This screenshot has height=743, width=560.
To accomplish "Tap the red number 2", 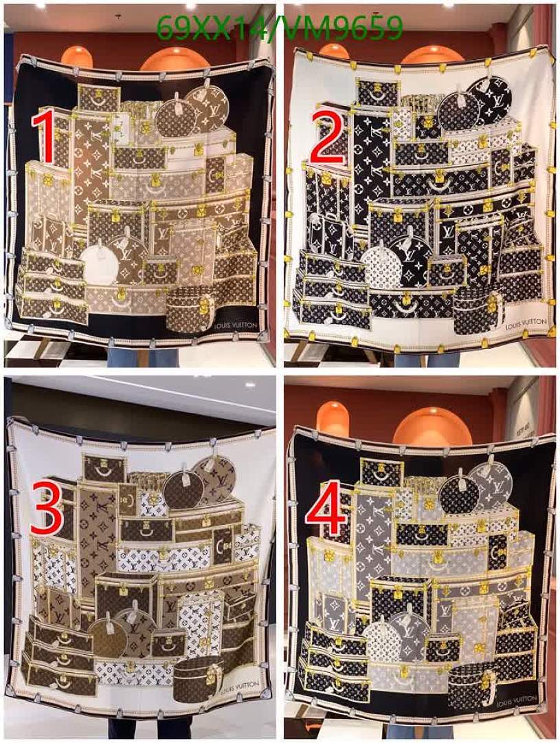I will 328,138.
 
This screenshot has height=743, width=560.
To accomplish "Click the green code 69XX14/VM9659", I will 279,28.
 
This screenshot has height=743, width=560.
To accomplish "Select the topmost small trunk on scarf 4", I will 381,472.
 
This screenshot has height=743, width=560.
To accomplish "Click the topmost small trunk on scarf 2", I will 377,92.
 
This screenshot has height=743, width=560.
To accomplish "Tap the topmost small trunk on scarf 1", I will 98,97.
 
